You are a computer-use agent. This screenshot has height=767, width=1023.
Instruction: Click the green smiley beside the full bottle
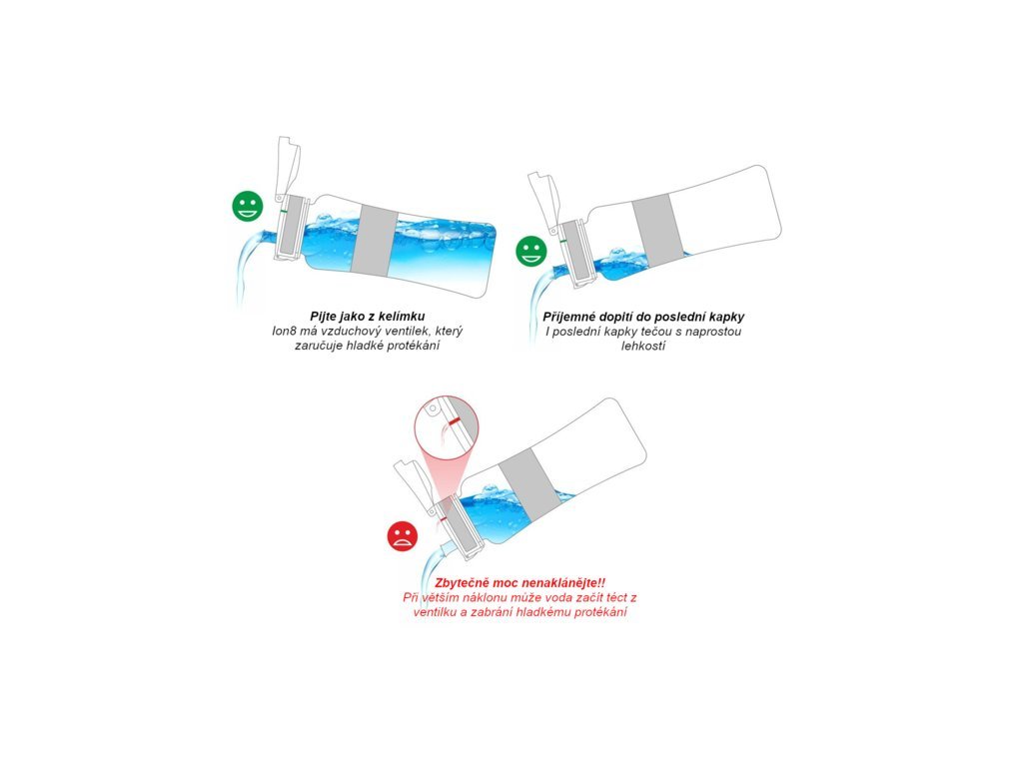pyautogui.click(x=248, y=206)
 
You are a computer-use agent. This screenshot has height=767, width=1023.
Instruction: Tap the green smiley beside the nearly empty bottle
pyautogui.click(x=531, y=251)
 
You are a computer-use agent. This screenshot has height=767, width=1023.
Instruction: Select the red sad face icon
pyautogui.click(x=403, y=536)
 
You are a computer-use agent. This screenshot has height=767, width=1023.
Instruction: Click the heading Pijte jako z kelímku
pyautogui.click(x=368, y=317)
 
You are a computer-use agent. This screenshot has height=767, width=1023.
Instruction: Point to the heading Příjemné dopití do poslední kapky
pyautogui.click(x=643, y=317)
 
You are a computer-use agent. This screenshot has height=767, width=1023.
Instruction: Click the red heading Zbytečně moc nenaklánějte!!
pyautogui.click(x=519, y=582)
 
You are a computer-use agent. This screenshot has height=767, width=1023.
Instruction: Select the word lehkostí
pyautogui.click(x=642, y=346)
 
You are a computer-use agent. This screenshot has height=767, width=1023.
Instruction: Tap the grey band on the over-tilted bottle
pyautogui.click(x=529, y=486)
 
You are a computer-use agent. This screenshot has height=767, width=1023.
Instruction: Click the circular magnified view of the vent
pyautogui.click(x=443, y=432)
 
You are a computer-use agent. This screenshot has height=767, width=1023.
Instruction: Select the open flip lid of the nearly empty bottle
pyautogui.click(x=544, y=200)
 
